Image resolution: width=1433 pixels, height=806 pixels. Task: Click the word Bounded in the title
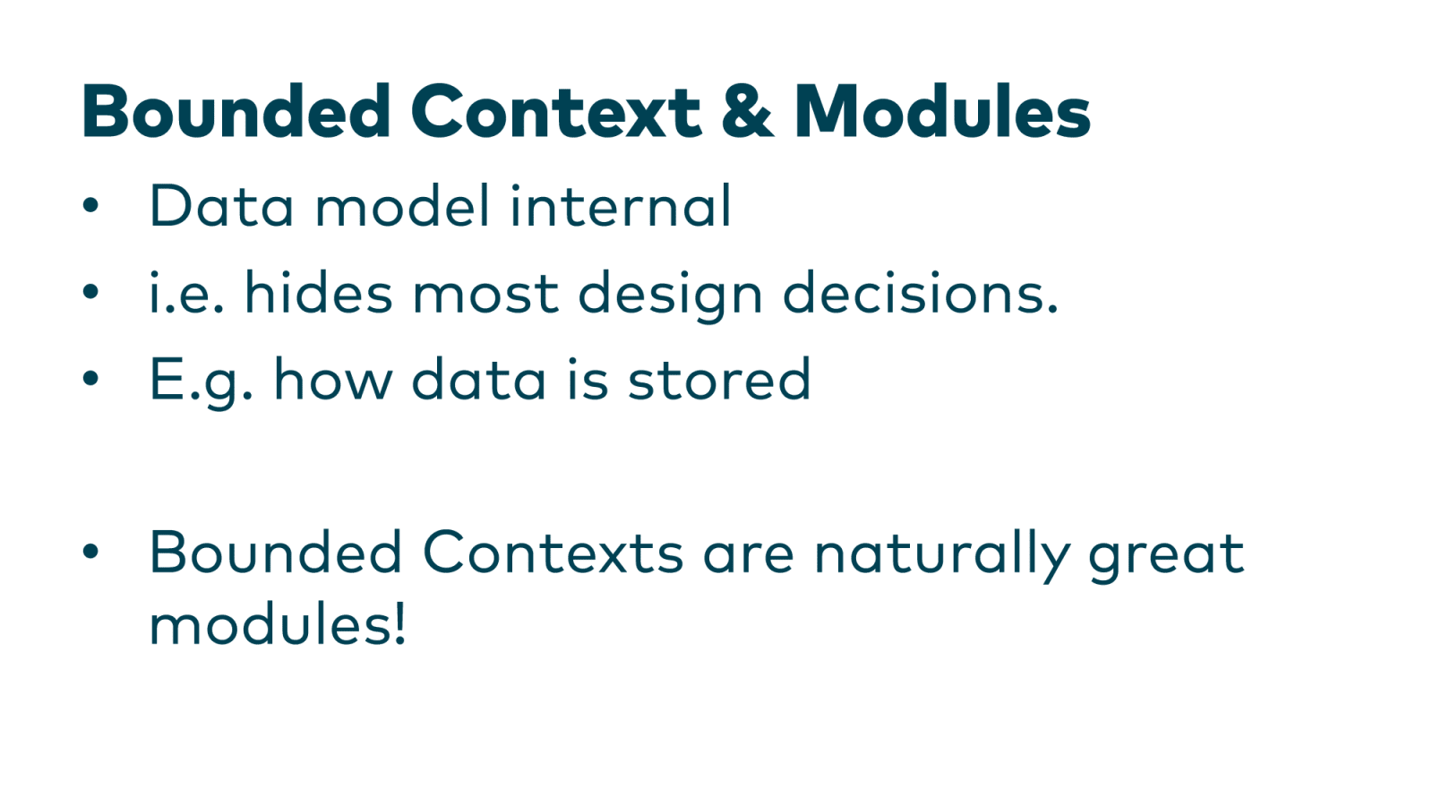[x=236, y=111]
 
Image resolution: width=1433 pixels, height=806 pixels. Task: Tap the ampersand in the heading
[x=747, y=112]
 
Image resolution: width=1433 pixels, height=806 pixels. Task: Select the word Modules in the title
[x=942, y=111]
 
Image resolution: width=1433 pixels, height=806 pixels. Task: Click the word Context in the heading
[x=556, y=113]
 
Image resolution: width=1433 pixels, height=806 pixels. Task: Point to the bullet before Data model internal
[x=90, y=205]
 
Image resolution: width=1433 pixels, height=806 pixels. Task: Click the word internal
[x=621, y=205]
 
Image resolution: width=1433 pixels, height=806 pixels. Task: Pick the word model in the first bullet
[x=403, y=205]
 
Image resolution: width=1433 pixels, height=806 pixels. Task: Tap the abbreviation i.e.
[x=186, y=292]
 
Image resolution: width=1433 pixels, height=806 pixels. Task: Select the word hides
[x=319, y=292]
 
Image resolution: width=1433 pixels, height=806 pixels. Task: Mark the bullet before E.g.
[x=90, y=378]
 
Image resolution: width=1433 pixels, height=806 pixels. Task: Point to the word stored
[x=719, y=379]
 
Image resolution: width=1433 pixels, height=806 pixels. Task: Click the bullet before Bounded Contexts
[x=90, y=552]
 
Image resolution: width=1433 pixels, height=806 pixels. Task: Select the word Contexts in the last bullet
[x=553, y=552]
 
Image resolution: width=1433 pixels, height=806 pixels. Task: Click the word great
[x=1167, y=556]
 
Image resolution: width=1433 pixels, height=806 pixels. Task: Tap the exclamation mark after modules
[x=399, y=623]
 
